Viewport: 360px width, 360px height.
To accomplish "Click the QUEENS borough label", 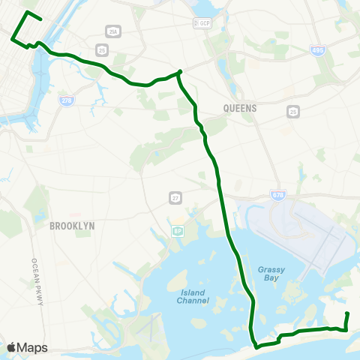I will point(240,108).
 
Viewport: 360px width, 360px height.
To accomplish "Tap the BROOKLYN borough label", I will point(71,225).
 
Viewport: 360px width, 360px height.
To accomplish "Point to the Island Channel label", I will point(193,296).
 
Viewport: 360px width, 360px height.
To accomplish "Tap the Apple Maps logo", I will point(26,347).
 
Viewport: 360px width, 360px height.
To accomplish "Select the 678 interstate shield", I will point(278,196).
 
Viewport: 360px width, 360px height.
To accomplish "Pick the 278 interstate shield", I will point(67,100).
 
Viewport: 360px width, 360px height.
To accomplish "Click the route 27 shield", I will point(174,196).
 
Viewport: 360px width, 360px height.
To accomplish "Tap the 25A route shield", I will point(112,31).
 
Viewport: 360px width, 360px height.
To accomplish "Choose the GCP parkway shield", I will point(203,23).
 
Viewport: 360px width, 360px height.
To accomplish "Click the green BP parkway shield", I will point(177,230).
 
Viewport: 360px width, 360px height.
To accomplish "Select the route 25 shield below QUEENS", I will point(292,111).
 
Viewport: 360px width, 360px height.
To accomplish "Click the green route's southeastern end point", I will point(347,313).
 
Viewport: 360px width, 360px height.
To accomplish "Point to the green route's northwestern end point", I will point(28,13).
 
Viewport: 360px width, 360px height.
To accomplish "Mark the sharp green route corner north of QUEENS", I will point(180,72).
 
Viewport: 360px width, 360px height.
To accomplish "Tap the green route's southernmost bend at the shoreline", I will point(256,346).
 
